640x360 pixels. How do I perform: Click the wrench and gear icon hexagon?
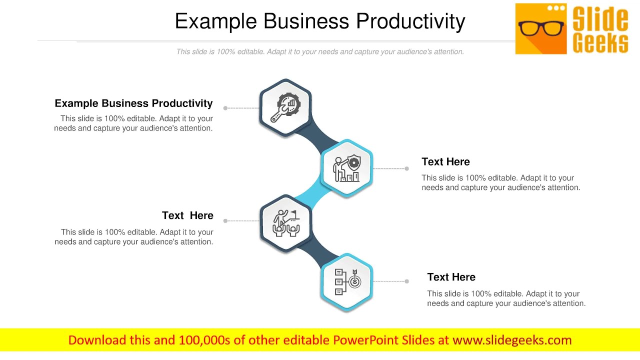point(285,107)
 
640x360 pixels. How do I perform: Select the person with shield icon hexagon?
point(346,168)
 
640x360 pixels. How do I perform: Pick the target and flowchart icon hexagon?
point(346,281)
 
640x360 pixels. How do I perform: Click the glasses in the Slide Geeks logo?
point(541,28)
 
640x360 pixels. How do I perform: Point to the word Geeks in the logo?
point(600,43)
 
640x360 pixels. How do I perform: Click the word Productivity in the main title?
point(410,21)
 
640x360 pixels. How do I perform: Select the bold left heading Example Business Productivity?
point(133,103)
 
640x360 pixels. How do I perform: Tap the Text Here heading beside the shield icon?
point(445,162)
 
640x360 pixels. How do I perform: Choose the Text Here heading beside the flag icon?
point(187,215)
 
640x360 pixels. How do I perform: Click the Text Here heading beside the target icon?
point(451,277)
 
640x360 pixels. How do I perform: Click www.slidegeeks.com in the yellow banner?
point(512,340)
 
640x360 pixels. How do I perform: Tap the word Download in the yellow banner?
point(97,340)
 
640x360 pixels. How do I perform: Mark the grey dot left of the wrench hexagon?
point(225,108)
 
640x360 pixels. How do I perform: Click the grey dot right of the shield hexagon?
point(406,168)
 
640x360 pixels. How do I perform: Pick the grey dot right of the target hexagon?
point(406,281)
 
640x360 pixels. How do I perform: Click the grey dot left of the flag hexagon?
point(225,220)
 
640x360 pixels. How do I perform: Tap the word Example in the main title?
point(216,21)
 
